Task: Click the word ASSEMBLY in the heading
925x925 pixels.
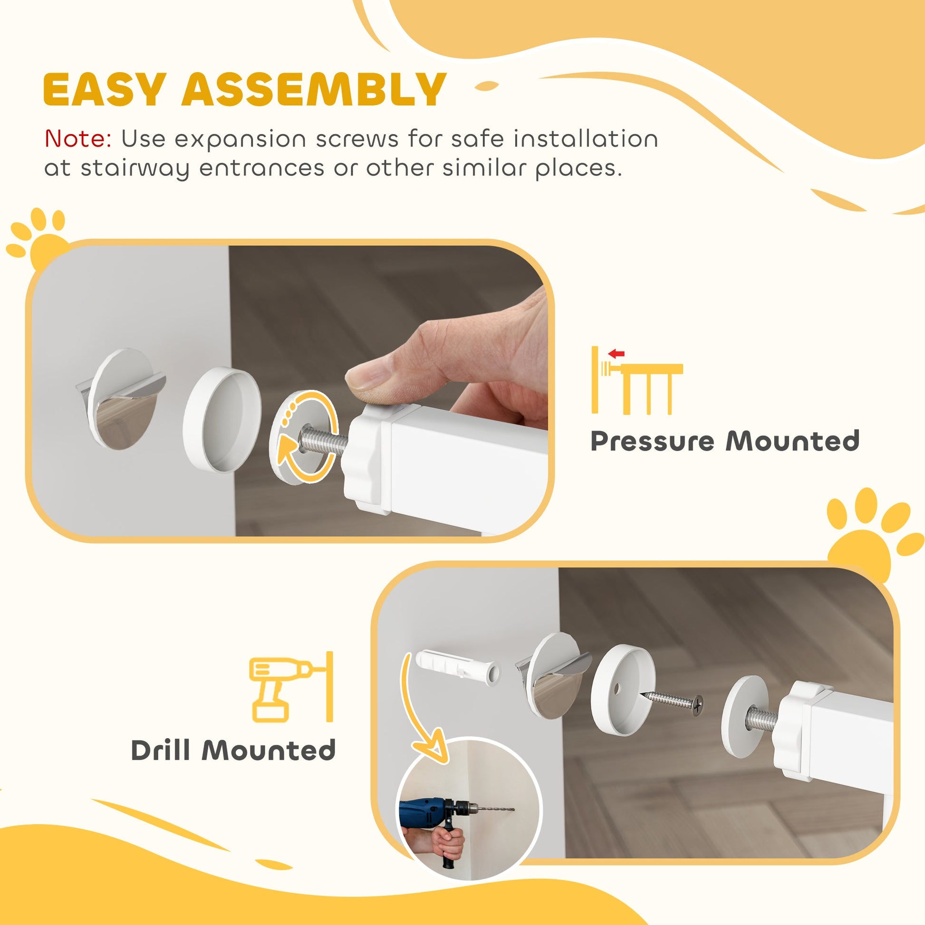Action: click(x=314, y=89)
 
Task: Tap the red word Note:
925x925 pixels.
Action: click(x=78, y=139)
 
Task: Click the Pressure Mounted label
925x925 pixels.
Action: click(x=725, y=441)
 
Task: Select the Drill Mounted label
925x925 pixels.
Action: click(x=233, y=750)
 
